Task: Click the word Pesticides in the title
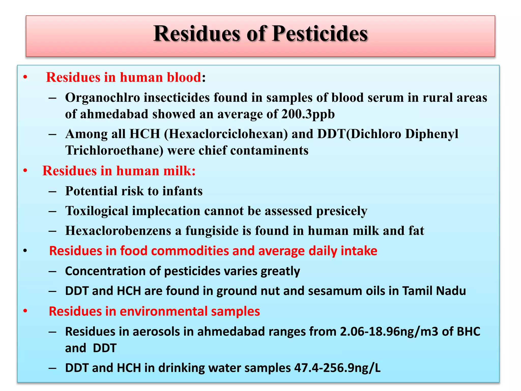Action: pos(320,34)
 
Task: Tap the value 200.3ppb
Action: pos(308,114)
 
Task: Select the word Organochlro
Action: pos(103,97)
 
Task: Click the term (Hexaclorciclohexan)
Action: pos(226,134)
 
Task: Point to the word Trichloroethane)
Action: pos(114,150)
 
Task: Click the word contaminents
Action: pos(269,150)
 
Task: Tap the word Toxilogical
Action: pos(97,211)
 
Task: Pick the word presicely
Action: pos(342,211)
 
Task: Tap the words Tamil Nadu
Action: pos(434,291)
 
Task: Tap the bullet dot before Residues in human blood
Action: pos(25,77)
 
